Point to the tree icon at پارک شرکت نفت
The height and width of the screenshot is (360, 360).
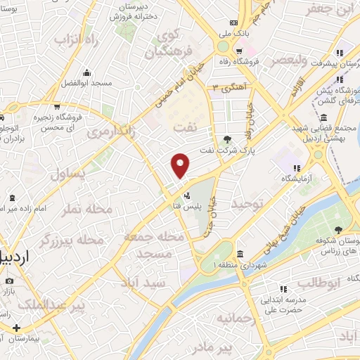pos(227,139)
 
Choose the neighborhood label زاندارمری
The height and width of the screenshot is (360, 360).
pos(110,132)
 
